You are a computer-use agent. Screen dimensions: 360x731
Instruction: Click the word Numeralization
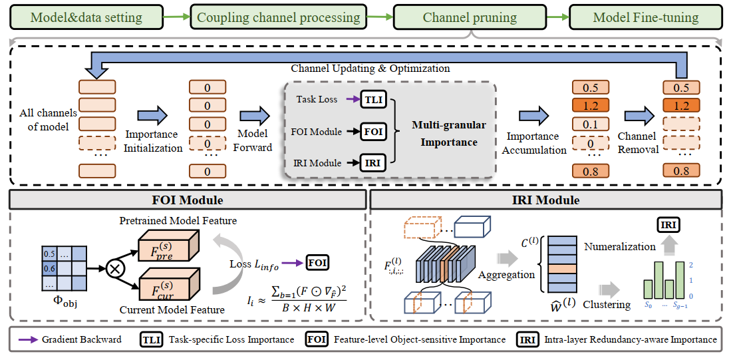[620, 247]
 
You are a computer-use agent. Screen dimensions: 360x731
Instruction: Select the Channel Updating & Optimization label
[370, 69]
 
